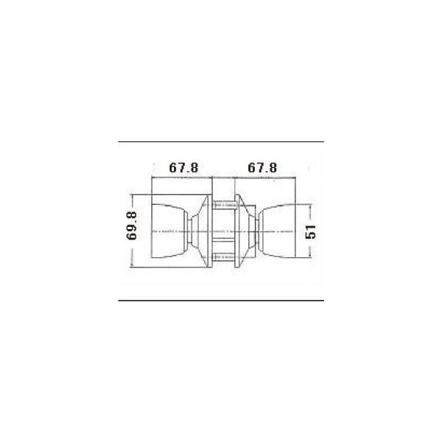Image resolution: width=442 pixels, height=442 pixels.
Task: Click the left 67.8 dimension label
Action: tap(183, 168)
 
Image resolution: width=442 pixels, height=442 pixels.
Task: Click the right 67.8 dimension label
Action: tap(262, 168)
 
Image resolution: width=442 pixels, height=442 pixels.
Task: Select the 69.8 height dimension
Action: tap(132, 226)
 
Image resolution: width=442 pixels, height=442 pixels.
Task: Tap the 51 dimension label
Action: tap(311, 232)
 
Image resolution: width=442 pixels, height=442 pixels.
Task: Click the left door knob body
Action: tap(168, 231)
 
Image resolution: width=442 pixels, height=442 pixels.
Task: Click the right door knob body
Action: tap(277, 231)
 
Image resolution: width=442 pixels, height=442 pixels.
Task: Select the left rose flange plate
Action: tap(209, 231)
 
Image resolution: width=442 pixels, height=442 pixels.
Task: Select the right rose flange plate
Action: tap(238, 231)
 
